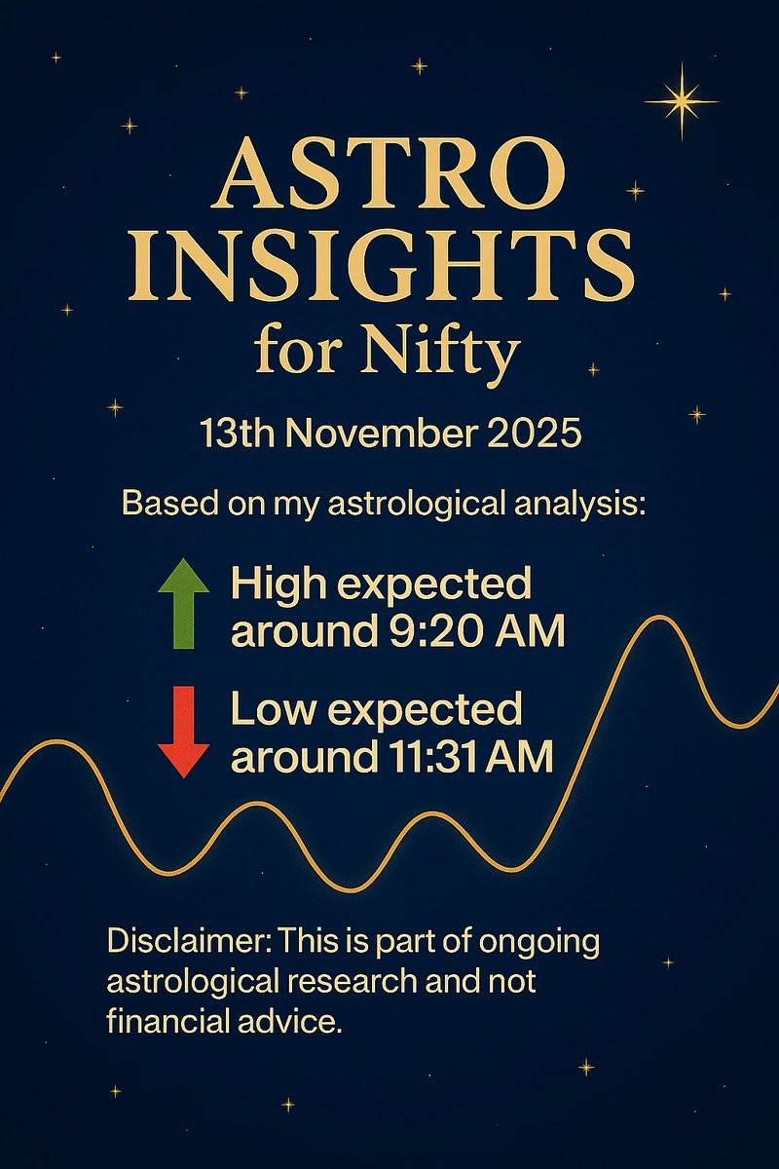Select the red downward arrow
tap(183, 731)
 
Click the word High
tap(274, 585)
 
